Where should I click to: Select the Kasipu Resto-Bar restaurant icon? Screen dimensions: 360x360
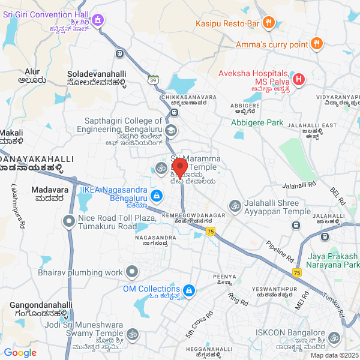[x=268, y=23]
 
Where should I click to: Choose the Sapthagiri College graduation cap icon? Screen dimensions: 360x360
[x=171, y=130]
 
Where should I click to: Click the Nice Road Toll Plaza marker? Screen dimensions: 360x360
[x=69, y=222]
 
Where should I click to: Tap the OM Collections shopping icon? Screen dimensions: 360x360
[x=189, y=290]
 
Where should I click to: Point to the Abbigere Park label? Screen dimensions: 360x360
[x=257, y=122]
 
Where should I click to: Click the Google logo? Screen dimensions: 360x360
[x=20, y=353]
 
